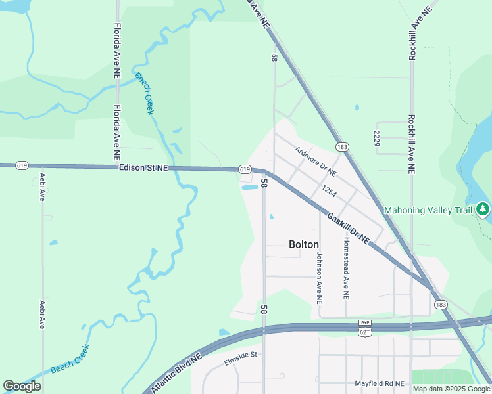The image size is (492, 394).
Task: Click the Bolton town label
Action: (304, 244)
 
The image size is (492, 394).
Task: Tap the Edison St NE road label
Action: (143, 168)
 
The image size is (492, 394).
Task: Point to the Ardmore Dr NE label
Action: (315, 162)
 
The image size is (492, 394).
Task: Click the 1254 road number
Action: (330, 192)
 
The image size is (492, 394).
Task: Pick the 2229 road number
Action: (376, 139)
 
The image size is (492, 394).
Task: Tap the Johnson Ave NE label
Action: (320, 278)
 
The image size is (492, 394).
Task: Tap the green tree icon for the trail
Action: (483, 209)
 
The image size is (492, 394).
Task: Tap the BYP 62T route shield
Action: (365, 328)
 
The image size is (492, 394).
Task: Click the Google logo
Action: (22, 385)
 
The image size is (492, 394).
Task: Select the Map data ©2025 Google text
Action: (451, 389)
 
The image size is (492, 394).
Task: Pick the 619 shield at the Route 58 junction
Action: (245, 169)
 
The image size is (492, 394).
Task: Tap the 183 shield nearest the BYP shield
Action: (441, 305)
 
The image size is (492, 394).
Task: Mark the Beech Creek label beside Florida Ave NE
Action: (144, 93)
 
